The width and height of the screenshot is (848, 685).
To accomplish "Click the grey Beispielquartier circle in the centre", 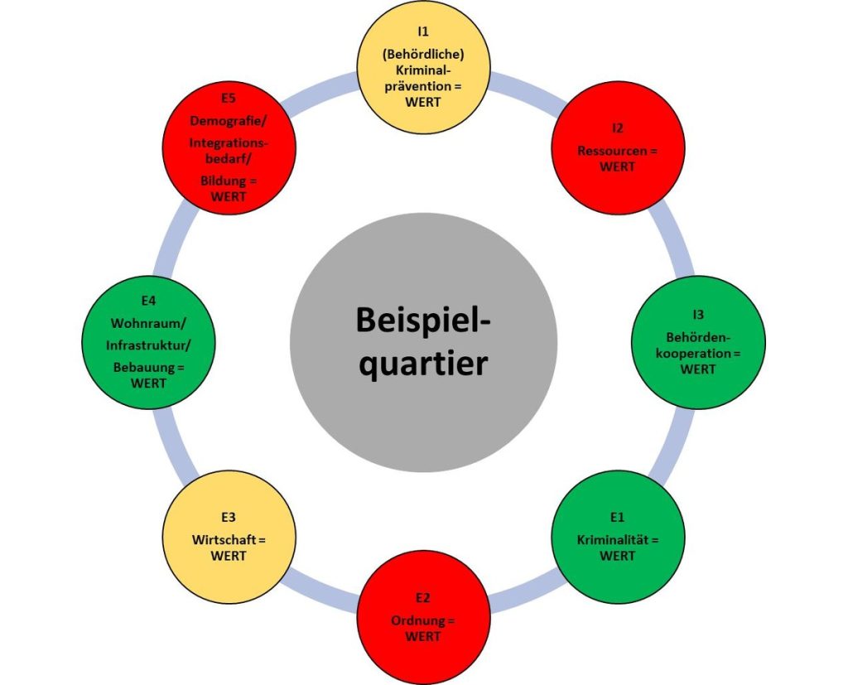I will click(423, 343).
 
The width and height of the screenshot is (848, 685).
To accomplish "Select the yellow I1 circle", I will click(423, 66).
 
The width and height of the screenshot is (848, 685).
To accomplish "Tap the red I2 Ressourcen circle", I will click(618, 147).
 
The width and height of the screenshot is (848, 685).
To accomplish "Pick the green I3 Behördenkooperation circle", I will click(697, 341).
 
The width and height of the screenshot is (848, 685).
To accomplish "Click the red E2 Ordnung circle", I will click(423, 616).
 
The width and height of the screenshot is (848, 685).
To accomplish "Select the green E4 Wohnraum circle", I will click(149, 341).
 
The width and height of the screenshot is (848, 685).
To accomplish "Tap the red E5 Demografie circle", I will click(229, 147).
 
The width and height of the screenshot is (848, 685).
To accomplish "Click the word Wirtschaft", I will click(224, 541).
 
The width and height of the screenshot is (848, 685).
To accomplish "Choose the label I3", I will click(697, 315).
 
